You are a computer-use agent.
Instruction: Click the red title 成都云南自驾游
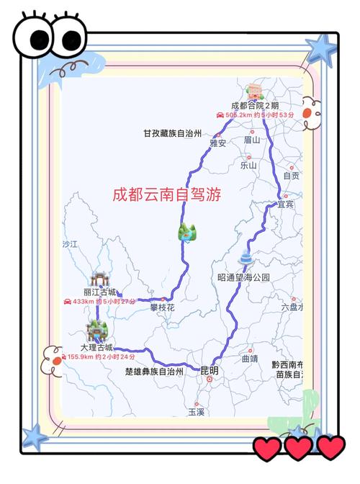pos(166,194)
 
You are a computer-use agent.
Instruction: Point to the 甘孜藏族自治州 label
pos(171,133)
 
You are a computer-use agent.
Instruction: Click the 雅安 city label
pos(217,143)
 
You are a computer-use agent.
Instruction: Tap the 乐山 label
pos(248,165)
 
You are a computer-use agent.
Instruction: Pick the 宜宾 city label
pos(287,205)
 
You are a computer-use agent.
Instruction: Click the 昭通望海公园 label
pos(243,277)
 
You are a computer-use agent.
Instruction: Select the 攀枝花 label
pos(163,308)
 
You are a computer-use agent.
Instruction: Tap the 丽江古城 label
pos(99,292)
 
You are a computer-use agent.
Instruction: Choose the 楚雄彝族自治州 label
pos(154,372)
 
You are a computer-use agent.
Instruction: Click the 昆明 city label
pos(210,371)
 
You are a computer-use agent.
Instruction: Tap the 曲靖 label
pos(249,358)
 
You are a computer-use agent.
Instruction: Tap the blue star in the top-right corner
pos(321,48)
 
